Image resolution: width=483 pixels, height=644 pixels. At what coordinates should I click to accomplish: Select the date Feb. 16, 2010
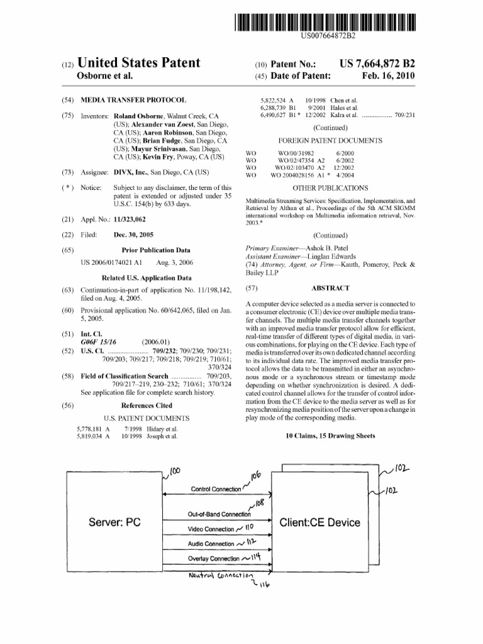389,76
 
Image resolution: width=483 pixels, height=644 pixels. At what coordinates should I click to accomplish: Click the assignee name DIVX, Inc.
131,172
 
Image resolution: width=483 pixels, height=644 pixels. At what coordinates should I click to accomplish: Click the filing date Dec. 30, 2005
133,235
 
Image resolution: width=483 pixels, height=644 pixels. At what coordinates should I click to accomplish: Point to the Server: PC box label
114,522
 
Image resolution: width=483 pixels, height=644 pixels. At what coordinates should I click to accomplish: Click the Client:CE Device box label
320,522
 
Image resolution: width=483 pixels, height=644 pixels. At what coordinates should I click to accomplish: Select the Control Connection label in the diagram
216,489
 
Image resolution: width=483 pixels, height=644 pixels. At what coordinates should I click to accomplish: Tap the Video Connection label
211,529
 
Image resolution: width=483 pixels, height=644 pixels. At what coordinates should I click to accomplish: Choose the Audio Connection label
211,543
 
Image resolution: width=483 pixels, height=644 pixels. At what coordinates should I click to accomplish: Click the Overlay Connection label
214,558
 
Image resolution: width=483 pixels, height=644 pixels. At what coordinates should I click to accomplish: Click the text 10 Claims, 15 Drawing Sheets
330,435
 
